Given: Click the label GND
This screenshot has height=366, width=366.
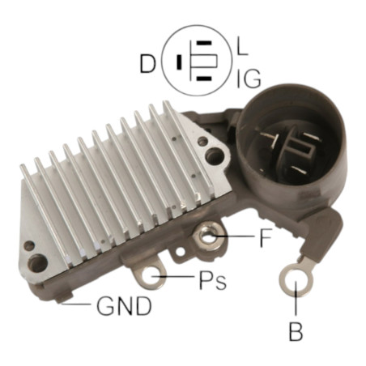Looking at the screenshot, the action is point(124,306).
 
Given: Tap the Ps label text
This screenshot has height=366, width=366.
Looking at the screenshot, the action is point(213,280).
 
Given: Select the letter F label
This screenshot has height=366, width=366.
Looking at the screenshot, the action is point(266,238).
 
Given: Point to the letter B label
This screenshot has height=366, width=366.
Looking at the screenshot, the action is point(296,331).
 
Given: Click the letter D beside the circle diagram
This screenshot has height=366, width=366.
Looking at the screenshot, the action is point(148,64).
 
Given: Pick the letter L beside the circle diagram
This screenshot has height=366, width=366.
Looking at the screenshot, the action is point(243,46).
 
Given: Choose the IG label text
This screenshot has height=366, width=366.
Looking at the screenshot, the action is point(249,79).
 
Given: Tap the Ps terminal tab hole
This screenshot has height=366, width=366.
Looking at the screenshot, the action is point(151,276).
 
